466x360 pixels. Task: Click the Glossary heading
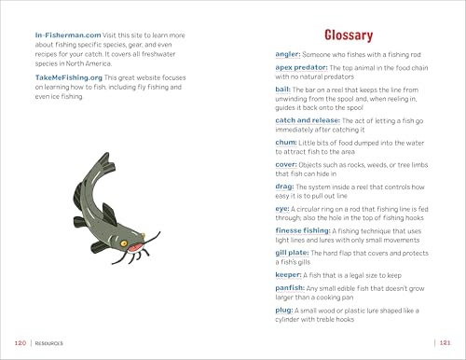point(348,35)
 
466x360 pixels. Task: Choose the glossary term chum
point(287,146)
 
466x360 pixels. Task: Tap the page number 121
point(445,343)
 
